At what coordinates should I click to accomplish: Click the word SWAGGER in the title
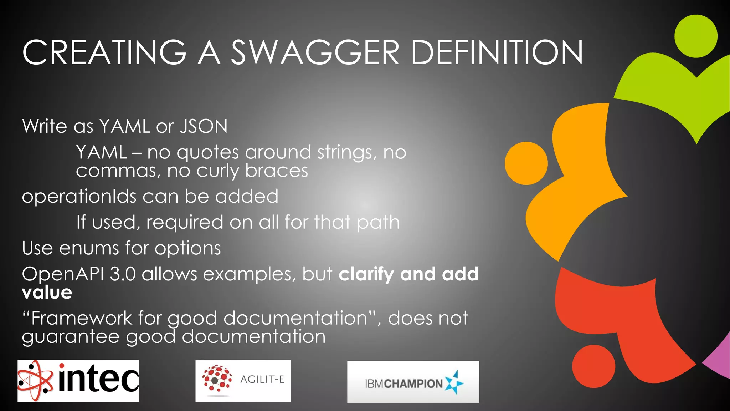315,52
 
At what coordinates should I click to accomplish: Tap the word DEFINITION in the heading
497,52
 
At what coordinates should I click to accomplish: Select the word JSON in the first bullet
203,126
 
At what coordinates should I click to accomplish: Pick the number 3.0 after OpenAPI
123,274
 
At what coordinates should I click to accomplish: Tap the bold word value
47,293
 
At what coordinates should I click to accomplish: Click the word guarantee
71,337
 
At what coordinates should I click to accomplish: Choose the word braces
277,171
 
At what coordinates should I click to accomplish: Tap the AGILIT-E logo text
262,379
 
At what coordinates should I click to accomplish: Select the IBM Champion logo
413,382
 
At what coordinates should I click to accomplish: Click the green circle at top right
696,36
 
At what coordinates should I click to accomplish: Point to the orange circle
526,163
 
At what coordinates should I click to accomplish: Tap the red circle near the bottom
593,366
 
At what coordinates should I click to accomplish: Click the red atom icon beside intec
35,381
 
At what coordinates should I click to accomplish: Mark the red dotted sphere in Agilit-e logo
217,379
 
